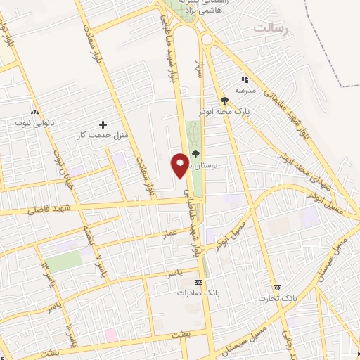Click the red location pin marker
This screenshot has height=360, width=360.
pyautogui.click(x=179, y=164)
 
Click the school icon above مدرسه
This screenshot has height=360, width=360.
pyautogui.click(x=245, y=81)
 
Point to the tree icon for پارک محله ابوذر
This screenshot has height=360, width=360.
pyautogui.click(x=224, y=100)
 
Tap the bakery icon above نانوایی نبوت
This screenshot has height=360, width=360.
pyautogui.click(x=34, y=110)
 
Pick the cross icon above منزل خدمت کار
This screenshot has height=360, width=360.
pyautogui.click(x=103, y=124)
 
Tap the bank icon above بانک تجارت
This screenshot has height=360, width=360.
pyautogui.click(x=276, y=288)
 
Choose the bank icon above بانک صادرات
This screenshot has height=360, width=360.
pyautogui.click(x=205, y=281)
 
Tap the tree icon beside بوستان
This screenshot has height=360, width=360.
pyautogui.click(x=195, y=155)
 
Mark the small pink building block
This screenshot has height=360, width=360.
pyautogui.click(x=110, y=333)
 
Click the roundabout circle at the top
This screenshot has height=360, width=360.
pyautogui.click(x=207, y=39)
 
